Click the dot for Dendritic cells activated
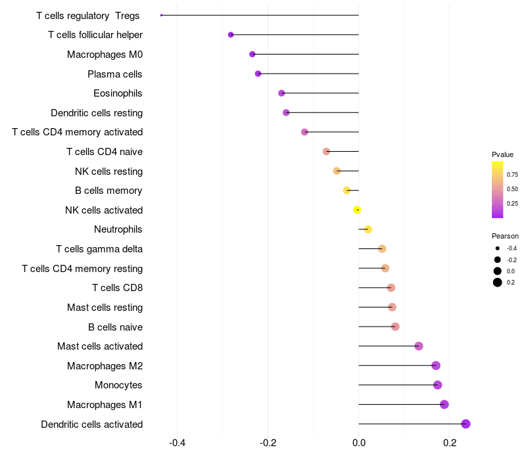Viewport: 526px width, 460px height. (x=466, y=424)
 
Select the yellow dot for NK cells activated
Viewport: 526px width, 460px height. (x=357, y=210)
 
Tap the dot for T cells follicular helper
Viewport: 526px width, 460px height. (x=231, y=35)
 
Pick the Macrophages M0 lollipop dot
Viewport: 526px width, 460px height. (x=252, y=54)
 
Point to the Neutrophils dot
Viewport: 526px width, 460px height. (x=368, y=229)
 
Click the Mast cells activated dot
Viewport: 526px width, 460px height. (x=419, y=346)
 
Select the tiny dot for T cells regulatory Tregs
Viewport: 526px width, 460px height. (x=161, y=15)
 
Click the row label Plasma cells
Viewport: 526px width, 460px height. (x=115, y=74)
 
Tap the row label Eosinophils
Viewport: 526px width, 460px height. (x=118, y=93)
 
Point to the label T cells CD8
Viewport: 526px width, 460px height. (x=117, y=288)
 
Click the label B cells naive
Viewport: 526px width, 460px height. (x=115, y=327)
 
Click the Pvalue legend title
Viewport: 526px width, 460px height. (x=502, y=154)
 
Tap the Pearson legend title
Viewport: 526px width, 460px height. (x=505, y=236)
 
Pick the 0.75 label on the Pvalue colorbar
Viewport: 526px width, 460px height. (x=512, y=175)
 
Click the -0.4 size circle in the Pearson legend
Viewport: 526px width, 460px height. (x=498, y=248)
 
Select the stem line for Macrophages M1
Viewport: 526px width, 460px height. (x=401, y=404)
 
